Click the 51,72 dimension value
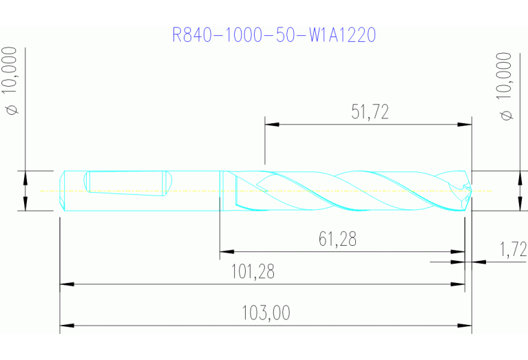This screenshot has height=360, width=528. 370,113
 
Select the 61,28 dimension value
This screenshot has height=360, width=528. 337,239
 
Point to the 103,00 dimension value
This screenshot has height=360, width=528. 266,313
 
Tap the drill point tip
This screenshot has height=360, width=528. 471,191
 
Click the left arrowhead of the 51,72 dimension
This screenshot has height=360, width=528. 271,125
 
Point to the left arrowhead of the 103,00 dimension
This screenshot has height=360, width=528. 66,325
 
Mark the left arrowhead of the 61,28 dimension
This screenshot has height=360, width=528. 226,251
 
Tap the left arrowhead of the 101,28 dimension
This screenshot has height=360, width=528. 66,283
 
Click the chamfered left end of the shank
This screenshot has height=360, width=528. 63,191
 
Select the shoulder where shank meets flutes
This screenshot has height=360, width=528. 221,191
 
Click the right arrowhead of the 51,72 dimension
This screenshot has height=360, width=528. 465,125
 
